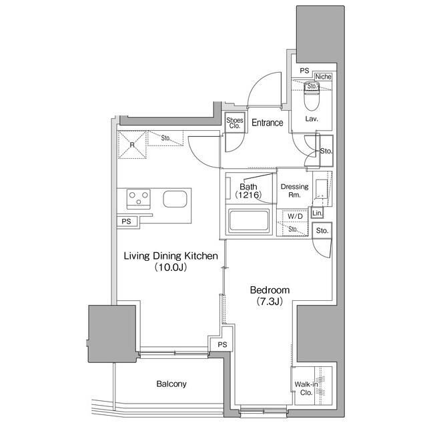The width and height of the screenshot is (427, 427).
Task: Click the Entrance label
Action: coord(267,123)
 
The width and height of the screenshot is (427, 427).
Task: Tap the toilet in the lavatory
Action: coord(311,100)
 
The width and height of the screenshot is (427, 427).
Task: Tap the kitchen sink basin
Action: coord(175,199)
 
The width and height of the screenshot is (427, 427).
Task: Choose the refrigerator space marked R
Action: coord(132,144)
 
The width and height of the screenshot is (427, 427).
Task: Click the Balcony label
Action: coord(171,384)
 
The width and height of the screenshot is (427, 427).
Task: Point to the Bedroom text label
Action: coord(269,290)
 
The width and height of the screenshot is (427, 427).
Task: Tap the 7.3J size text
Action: coord(269,302)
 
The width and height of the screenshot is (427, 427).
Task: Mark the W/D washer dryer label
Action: coord(294,217)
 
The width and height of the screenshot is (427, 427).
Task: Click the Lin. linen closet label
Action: coord(318,213)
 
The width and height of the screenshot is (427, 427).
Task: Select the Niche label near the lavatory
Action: coord(324,77)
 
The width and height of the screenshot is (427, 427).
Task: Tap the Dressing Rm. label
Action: coord(294,191)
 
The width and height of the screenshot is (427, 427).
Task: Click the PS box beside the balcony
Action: coord(222,344)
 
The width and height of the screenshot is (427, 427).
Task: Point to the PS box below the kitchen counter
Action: coord(127,222)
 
